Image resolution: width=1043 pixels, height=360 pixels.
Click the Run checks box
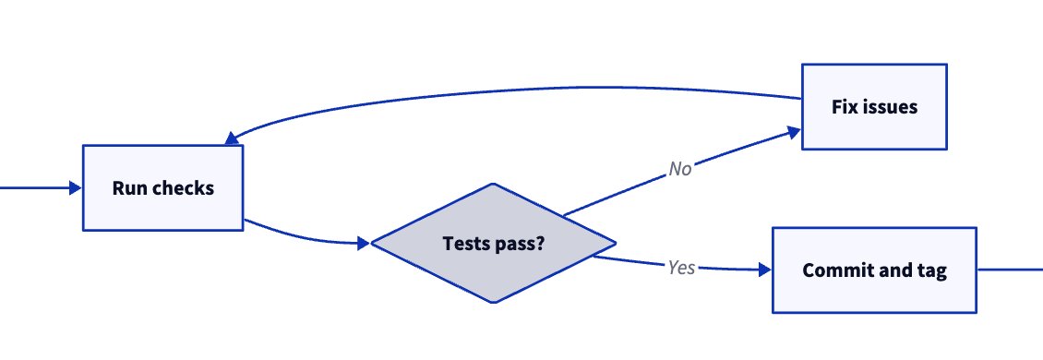162,187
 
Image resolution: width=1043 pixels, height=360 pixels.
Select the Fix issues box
873,106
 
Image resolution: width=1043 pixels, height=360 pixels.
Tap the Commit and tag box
873,270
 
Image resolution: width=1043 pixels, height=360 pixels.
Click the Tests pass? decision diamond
492,244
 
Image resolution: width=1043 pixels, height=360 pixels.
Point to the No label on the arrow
680,169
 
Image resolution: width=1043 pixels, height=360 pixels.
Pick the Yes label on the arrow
681,268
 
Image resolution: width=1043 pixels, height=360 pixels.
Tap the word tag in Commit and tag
930,270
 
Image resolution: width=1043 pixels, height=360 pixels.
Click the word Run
127,187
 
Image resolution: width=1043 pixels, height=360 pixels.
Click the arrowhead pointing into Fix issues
793,133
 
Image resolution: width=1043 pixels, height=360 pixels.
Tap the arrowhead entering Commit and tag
764,270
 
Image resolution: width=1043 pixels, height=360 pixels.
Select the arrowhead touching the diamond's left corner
363,244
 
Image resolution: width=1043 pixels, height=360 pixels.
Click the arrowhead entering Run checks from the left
76,187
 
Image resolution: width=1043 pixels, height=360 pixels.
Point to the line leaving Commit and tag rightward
1011,270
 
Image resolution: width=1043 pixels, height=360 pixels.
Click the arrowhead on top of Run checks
230,139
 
